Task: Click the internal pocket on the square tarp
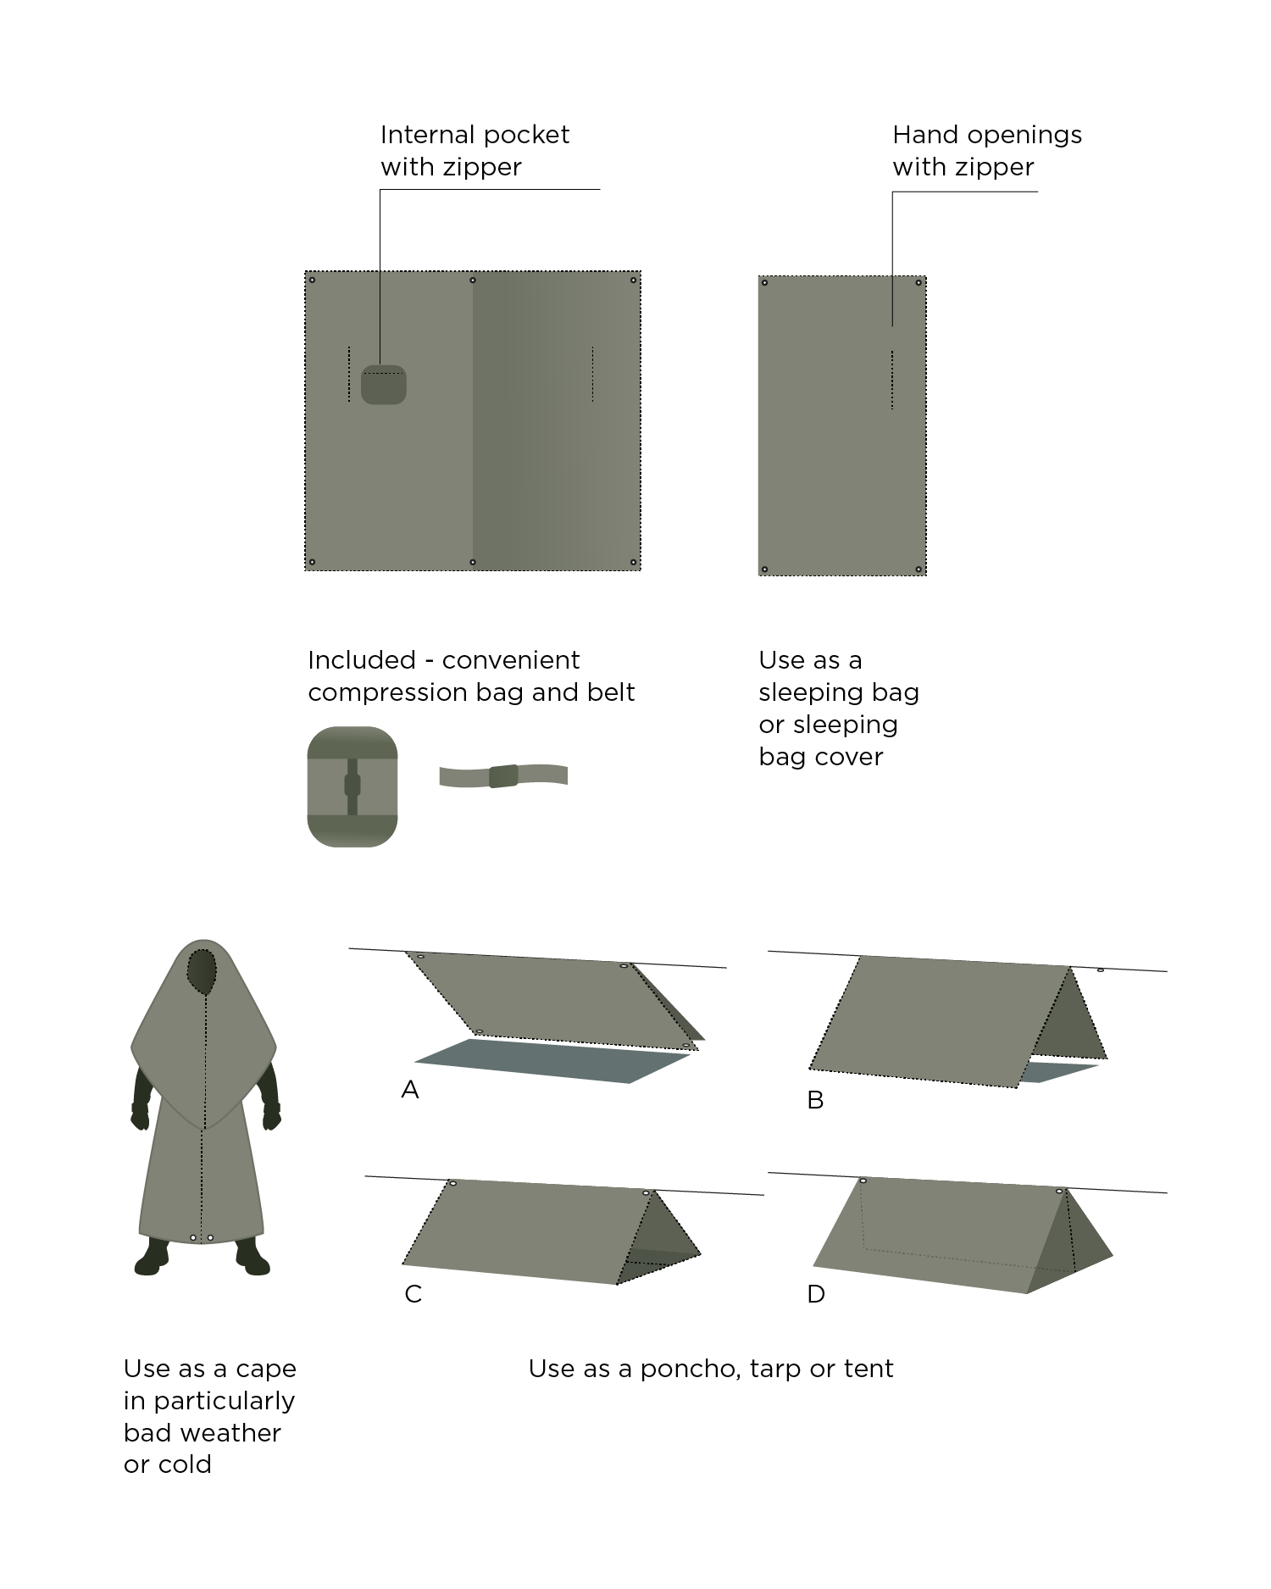coord(384,386)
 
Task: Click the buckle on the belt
coord(503,775)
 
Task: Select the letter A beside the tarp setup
coord(410,1090)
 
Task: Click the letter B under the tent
coord(815,1100)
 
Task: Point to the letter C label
coord(413,1294)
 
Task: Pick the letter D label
coord(816,1294)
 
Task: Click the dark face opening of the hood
coord(202,971)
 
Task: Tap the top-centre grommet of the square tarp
coord(473,280)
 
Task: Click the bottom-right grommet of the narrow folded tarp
coord(919,569)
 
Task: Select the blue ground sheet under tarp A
coord(551,1062)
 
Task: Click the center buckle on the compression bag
coord(352,786)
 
